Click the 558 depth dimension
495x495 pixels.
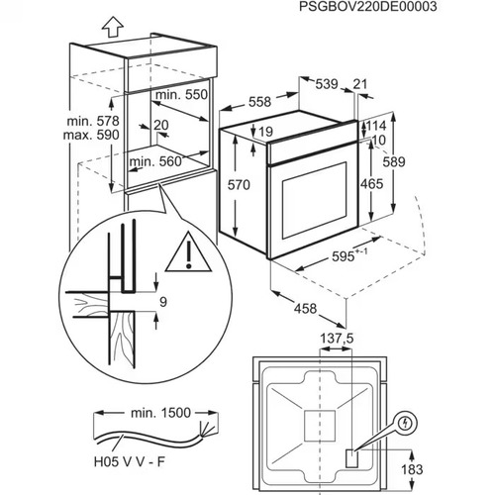pyautogui.click(x=258, y=102)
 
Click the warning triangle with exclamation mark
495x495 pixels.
pyautogui.click(x=181, y=255)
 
